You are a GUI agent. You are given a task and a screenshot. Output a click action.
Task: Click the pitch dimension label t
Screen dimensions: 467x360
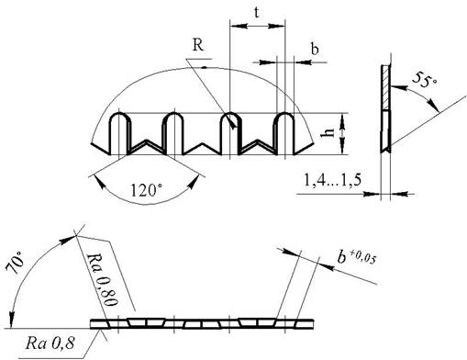coord(257,13)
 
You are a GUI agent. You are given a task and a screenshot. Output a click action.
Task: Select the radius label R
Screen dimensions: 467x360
coord(198,45)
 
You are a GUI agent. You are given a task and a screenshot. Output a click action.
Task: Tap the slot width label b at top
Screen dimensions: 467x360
coord(315,49)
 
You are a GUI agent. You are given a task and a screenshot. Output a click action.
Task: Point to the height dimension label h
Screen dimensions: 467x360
coord(328,132)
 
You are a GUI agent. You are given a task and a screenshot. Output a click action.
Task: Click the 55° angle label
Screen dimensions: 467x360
coord(424,80)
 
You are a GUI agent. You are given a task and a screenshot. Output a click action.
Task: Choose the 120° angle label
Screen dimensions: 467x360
coord(146,190)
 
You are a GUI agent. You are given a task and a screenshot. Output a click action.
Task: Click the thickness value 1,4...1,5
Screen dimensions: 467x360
coord(332,180)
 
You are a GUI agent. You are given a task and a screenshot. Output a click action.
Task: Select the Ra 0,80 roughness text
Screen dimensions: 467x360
coord(101,279)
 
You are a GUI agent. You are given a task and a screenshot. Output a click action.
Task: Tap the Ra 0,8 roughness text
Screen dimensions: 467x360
coord(50,343)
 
